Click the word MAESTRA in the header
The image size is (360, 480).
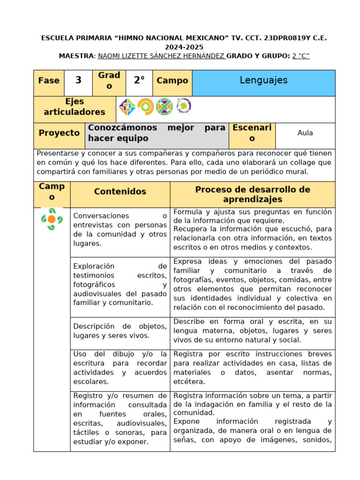coord(76,56)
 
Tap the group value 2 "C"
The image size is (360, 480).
coord(300,56)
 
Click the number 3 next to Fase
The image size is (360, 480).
coord(78,80)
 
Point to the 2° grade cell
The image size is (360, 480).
coord(139,80)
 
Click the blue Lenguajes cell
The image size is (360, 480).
coord(263,80)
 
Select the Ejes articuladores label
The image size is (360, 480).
coord(75,107)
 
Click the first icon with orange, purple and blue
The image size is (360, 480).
coord(127,107)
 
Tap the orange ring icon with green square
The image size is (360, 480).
coord(146,107)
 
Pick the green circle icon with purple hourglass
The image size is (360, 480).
coord(165,107)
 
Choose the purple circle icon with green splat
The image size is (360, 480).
coord(183,107)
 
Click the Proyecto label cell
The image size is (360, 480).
coord(59,133)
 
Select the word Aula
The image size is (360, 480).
coord(305,133)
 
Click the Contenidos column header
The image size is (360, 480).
coord(120,191)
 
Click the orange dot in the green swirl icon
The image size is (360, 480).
coord(52,219)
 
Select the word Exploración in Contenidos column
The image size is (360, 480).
coord(94,266)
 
